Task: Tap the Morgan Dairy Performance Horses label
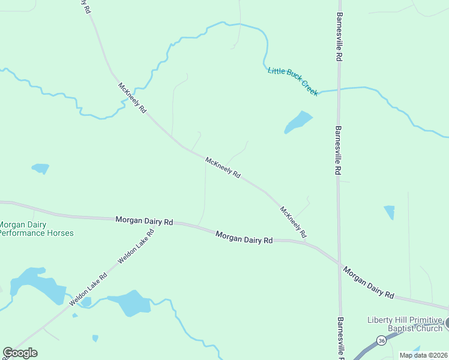(36, 229)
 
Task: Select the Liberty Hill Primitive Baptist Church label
(405, 324)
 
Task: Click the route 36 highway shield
(381, 340)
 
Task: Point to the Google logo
(20, 353)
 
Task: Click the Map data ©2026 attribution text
(423, 355)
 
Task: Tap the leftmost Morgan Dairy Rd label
(144, 221)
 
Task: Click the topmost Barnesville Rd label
(339, 37)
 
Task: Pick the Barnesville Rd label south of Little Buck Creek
(339, 150)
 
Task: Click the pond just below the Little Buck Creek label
(298, 122)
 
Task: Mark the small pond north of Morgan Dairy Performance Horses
(40, 168)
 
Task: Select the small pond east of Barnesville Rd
(390, 212)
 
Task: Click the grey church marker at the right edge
(447, 324)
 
